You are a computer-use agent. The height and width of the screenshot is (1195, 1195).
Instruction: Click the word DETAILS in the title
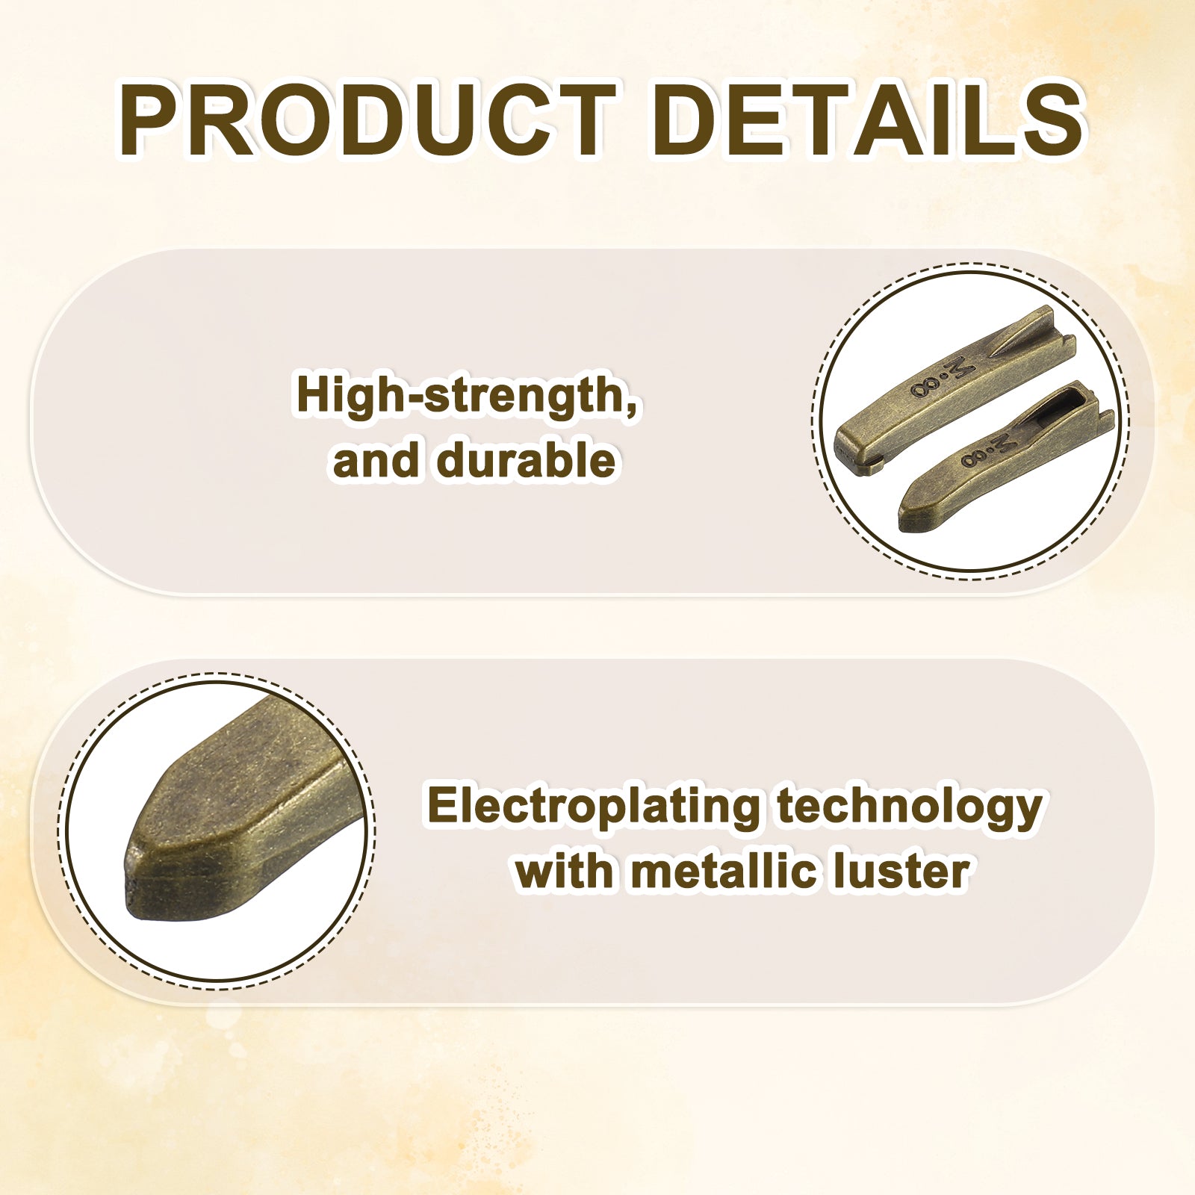click(x=868, y=120)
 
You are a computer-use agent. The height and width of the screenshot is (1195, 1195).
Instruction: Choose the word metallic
click(x=723, y=871)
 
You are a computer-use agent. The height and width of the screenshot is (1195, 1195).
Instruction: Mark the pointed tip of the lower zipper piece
click(x=902, y=517)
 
